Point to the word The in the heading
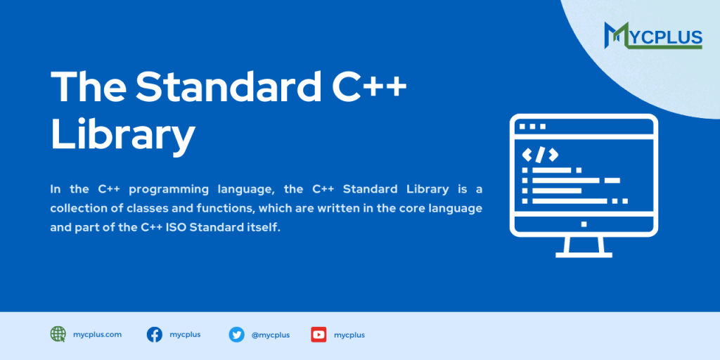pyautogui.click(x=87, y=88)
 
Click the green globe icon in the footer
pyautogui.click(x=58, y=335)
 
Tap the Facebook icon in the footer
pyautogui.click(x=154, y=335)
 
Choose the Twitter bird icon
pyautogui.click(x=236, y=335)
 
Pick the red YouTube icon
pyautogui.click(x=319, y=335)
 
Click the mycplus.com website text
pyautogui.click(x=97, y=335)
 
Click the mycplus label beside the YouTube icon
pyautogui.click(x=349, y=335)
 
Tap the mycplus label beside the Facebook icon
pyautogui.click(x=185, y=335)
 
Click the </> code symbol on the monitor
pyautogui.click(x=539, y=154)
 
